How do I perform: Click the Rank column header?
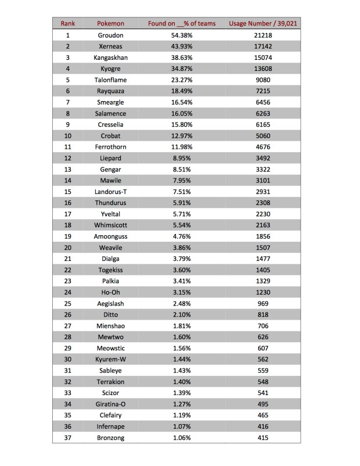68,23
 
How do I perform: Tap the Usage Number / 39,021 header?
267,23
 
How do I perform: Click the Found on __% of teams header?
182,23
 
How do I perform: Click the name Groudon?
110,35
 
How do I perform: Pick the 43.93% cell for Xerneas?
182,46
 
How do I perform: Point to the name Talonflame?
110,80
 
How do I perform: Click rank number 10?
68,136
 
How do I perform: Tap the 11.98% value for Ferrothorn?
182,147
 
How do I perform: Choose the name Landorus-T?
110,192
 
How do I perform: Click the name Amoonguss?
110,236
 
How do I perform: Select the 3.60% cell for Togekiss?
182,270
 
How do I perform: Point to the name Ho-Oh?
110,292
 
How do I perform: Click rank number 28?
68,337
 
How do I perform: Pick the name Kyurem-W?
110,359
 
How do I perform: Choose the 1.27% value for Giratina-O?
182,404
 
